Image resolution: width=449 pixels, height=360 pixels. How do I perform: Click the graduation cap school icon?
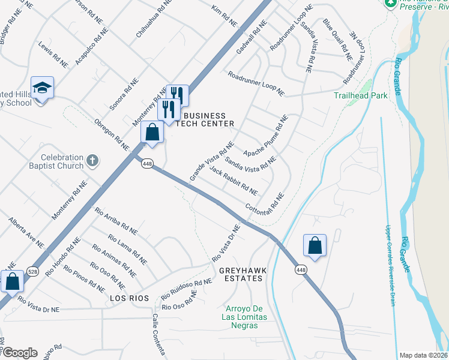point(43,88)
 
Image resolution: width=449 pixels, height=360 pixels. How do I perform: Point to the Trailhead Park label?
point(360,95)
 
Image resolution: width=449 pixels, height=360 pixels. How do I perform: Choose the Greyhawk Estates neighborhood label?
point(241,274)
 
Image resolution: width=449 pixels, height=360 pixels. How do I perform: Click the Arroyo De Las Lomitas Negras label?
point(238,317)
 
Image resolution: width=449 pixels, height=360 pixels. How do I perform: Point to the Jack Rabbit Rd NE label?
point(234,181)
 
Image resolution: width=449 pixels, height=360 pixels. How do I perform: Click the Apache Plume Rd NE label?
point(266,135)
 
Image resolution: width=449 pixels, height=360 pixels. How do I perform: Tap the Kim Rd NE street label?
point(225,16)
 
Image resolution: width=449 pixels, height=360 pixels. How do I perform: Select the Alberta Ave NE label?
point(26,233)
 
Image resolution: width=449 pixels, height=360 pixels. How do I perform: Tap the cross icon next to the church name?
point(91,160)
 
